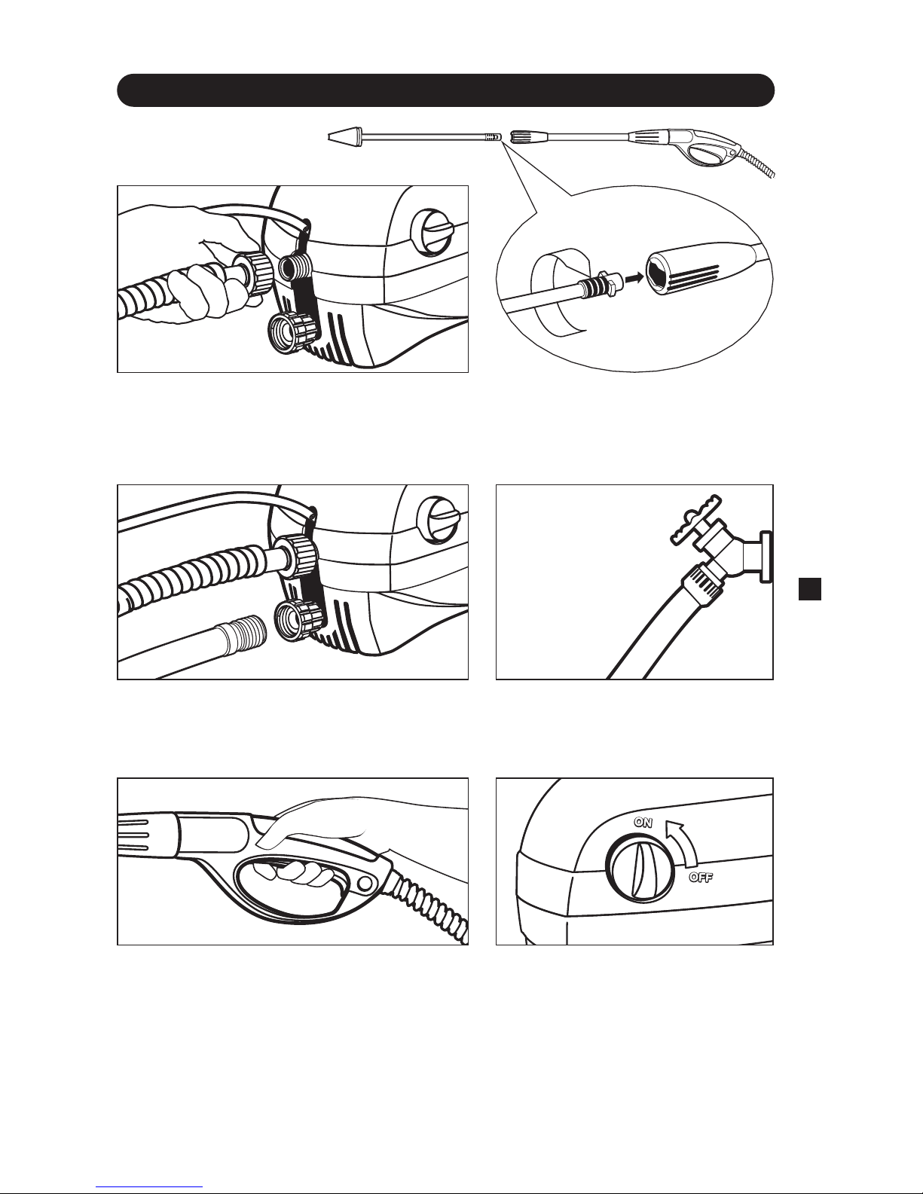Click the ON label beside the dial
point(643,823)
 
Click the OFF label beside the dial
point(701,878)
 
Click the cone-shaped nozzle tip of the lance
point(341,136)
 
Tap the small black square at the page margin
point(810,588)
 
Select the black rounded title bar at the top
point(445,90)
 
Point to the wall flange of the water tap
point(766,556)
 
